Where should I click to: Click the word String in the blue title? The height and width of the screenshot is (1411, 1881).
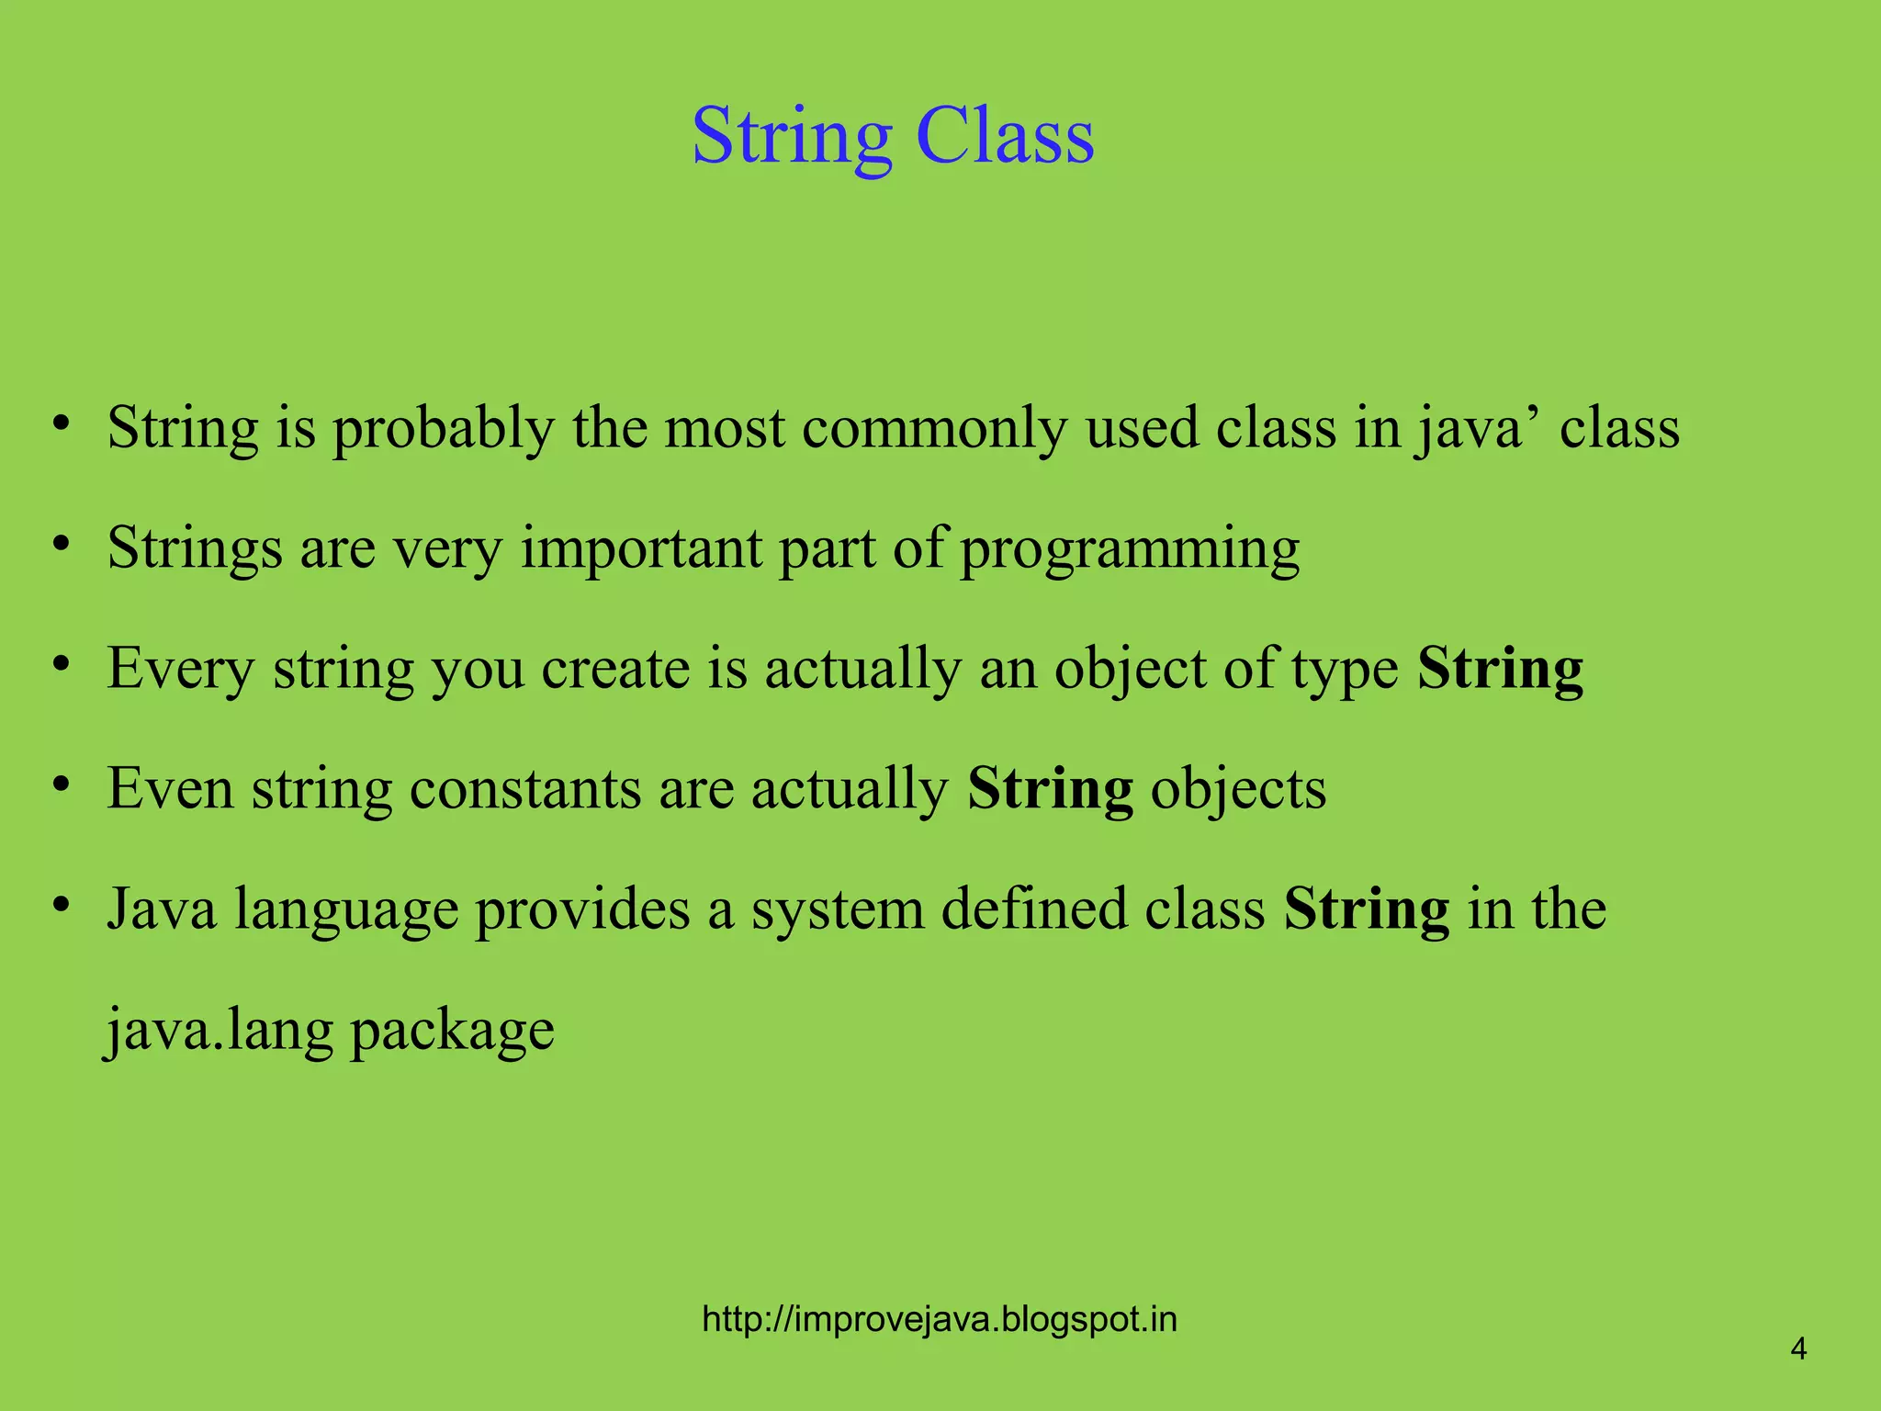[x=792, y=138]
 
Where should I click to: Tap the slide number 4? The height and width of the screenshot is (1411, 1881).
[x=1798, y=1349]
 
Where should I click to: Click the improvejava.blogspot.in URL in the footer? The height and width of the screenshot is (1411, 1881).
[x=939, y=1319]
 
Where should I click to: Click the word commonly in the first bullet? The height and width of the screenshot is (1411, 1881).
[x=934, y=430]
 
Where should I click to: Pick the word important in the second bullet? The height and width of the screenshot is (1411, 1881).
[x=641, y=549]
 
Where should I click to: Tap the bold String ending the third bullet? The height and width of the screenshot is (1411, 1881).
[x=1500, y=670]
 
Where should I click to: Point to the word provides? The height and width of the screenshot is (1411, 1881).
[x=582, y=909]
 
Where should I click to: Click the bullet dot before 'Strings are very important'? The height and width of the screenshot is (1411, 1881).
[x=62, y=545]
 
